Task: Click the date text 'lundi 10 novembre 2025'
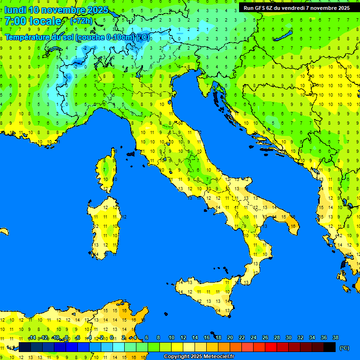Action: click(x=56, y=10)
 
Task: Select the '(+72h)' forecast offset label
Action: click(x=81, y=21)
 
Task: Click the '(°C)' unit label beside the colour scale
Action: click(x=344, y=348)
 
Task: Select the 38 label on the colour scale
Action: click(x=335, y=338)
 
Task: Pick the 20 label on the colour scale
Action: click(x=230, y=338)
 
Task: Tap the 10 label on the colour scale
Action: click(x=171, y=338)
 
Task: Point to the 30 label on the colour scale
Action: click(x=288, y=338)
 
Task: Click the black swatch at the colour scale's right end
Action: click(x=330, y=347)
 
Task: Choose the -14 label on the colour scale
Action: click(x=32, y=338)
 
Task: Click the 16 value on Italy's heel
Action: click(x=293, y=226)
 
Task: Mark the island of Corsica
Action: click(x=107, y=171)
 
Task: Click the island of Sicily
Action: click(x=206, y=295)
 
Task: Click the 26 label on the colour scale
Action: click(x=265, y=338)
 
